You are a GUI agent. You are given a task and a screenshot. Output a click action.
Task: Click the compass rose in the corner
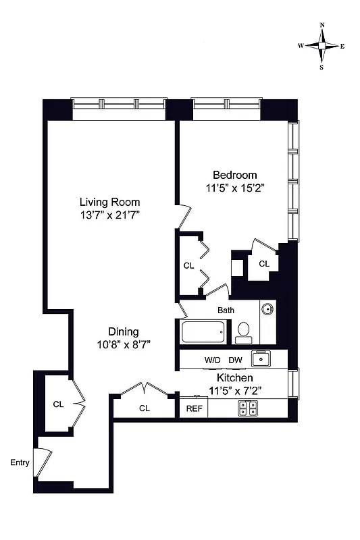(x=322, y=46)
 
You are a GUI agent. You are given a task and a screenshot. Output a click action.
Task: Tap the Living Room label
(x=109, y=201)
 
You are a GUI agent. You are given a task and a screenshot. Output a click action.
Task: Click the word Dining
(x=124, y=331)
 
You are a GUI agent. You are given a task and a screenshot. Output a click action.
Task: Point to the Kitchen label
(x=234, y=378)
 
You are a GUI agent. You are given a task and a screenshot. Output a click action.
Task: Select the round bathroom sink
(x=268, y=310)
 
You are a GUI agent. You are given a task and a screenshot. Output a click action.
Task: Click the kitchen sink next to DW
(x=261, y=359)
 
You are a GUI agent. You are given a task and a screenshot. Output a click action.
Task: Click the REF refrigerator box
(x=193, y=408)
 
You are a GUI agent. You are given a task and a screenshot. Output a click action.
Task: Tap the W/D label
(x=212, y=360)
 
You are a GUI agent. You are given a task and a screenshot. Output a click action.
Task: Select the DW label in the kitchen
(x=235, y=360)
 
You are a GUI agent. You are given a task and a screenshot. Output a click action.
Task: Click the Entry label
(x=20, y=462)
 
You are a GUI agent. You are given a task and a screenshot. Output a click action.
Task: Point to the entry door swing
(x=44, y=462)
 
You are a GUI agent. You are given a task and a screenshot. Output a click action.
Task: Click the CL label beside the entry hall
(x=58, y=404)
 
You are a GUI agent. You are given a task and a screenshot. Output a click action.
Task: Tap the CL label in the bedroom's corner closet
(x=264, y=264)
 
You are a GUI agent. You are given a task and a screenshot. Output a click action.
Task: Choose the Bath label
(x=226, y=310)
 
